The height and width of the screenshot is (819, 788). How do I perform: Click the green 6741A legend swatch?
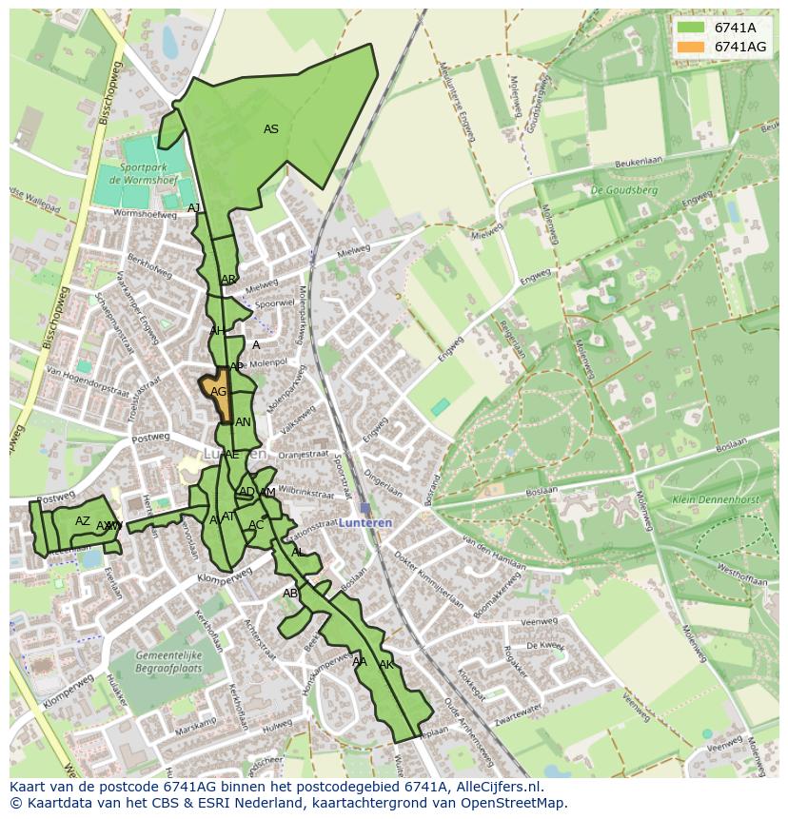point(691,27)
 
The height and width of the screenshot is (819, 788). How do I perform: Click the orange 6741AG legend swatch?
point(691,47)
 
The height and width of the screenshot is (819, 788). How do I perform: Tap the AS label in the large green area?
point(271,129)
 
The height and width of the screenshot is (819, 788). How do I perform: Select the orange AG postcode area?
point(217,393)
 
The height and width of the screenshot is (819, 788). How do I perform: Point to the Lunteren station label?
point(364,524)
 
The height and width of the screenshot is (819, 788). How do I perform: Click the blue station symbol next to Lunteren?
point(365,509)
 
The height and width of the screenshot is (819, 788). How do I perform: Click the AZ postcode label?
point(83,521)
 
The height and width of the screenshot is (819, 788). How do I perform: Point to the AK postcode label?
point(386,664)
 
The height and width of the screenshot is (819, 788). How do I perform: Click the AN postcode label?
point(243,422)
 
